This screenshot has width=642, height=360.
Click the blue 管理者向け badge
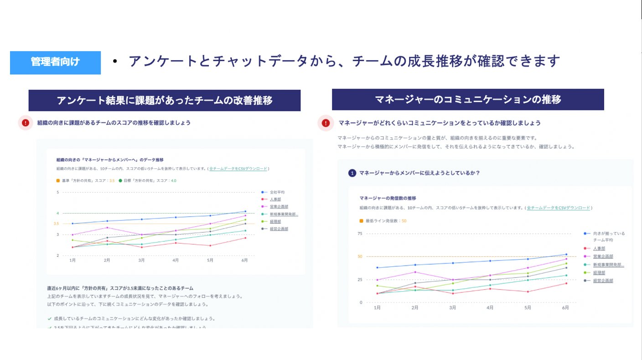click(x=55, y=62)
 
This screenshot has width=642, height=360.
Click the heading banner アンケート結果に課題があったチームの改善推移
click(x=164, y=100)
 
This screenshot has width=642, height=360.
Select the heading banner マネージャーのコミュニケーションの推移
click(x=467, y=99)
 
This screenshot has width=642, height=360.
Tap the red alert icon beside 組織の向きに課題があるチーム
click(x=26, y=123)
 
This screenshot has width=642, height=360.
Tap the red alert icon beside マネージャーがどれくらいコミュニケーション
click(x=326, y=123)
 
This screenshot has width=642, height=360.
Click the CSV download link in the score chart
click(x=238, y=169)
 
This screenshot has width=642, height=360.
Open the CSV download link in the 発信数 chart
click(x=558, y=208)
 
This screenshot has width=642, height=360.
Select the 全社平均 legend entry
click(x=277, y=192)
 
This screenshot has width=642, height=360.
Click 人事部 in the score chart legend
click(x=275, y=199)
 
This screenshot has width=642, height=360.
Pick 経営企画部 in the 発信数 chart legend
click(x=603, y=281)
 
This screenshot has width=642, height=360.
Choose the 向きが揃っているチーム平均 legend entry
click(x=609, y=233)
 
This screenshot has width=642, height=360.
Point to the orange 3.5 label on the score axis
click(x=56, y=224)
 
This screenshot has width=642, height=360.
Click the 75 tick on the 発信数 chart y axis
click(x=360, y=234)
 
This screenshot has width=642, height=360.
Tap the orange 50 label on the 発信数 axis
click(x=360, y=256)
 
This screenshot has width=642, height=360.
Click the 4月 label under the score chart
click(x=176, y=260)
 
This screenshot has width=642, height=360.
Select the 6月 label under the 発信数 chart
click(x=565, y=308)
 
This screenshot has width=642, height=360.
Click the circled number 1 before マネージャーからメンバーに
click(x=352, y=173)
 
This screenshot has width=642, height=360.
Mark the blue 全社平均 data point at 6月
click(x=245, y=212)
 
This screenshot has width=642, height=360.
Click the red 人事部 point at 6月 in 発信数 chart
click(x=566, y=283)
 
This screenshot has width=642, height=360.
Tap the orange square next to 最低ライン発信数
click(x=361, y=221)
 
